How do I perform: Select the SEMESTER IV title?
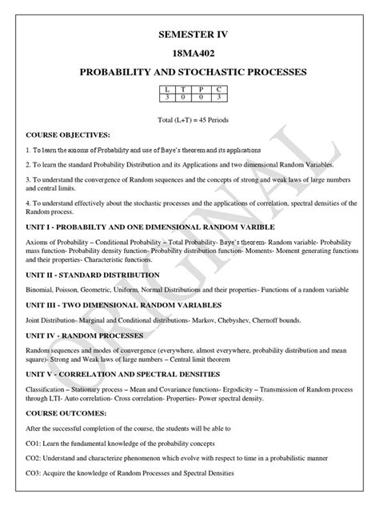tap(189, 35)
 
